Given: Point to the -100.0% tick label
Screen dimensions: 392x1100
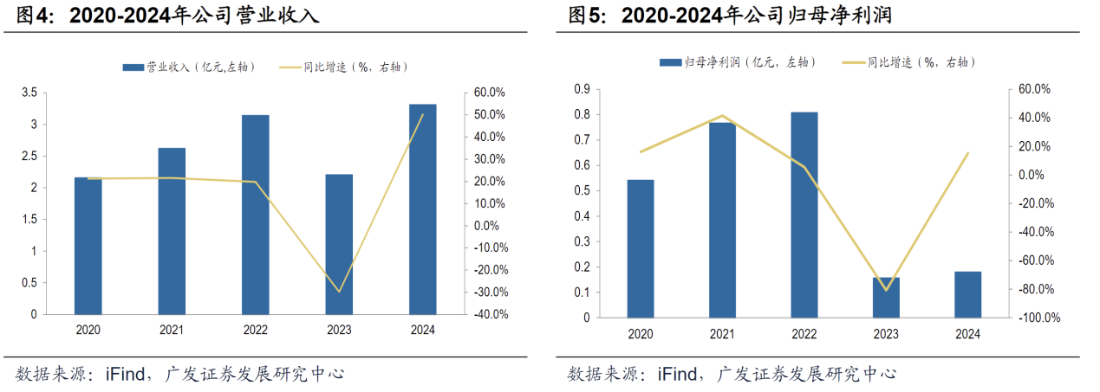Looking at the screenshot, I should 1039,318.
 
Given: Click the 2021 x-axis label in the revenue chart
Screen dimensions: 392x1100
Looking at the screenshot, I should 172,330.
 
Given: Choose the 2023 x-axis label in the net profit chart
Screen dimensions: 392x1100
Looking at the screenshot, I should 886,334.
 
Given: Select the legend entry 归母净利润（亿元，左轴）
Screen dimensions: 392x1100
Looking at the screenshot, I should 737,62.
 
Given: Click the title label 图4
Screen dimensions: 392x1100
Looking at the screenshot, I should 38,16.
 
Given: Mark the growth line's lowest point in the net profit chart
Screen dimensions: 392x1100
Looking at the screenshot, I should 886,289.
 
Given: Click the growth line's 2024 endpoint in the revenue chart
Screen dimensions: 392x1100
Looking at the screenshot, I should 423,115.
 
